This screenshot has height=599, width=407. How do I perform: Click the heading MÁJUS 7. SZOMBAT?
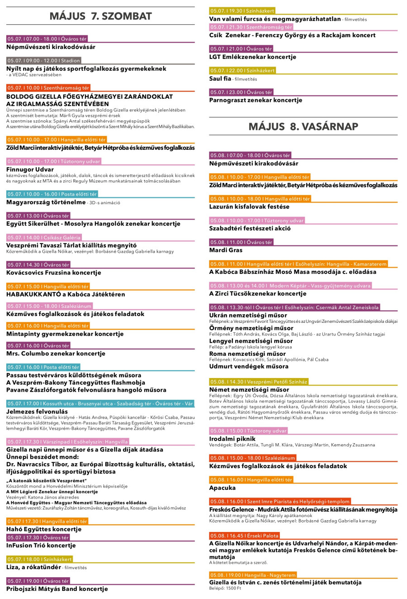100,16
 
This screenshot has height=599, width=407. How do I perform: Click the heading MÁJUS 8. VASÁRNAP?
303,126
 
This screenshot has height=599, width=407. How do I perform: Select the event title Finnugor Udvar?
30,169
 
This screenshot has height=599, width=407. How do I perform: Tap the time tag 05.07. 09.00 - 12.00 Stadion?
43,60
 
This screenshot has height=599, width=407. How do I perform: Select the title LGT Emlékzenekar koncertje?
252,57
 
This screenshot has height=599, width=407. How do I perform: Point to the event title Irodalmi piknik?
232,439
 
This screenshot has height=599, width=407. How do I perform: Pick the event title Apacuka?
222,488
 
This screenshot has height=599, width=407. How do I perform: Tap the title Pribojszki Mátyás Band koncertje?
57,589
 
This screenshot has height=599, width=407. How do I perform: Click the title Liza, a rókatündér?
33,567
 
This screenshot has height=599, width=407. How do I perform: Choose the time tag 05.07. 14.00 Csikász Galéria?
44,237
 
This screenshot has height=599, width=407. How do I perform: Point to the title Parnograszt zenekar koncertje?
256,100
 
